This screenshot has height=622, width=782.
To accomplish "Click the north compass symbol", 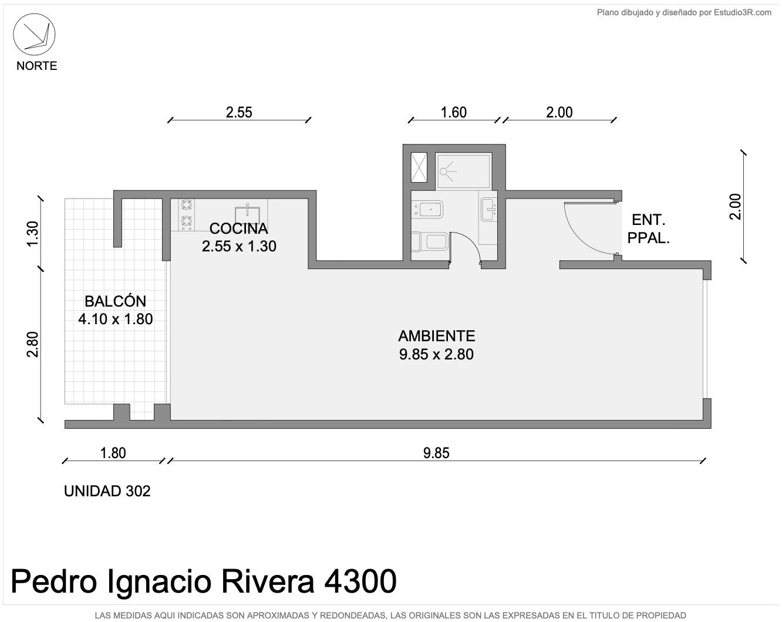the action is pyautogui.click(x=34, y=35).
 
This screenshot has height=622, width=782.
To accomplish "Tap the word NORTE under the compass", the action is pyautogui.click(x=37, y=66).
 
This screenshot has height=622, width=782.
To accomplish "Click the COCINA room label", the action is pyautogui.click(x=239, y=228).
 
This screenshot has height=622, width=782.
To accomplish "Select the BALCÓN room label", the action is pyautogui.click(x=115, y=301).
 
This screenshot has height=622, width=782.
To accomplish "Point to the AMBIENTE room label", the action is pyautogui.click(x=436, y=336).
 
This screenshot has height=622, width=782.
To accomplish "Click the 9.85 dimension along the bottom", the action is pyautogui.click(x=436, y=453).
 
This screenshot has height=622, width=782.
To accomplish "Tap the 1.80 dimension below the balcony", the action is pyautogui.click(x=113, y=453).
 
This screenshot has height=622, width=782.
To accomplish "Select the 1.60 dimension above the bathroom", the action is pyautogui.click(x=453, y=112).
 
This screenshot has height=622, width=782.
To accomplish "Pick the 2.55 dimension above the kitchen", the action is pyautogui.click(x=239, y=112).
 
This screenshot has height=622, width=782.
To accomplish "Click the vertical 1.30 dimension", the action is pyautogui.click(x=33, y=234).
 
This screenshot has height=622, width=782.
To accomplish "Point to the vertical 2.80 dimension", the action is pyautogui.click(x=33, y=344).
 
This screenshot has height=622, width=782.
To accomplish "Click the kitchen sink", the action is pyautogui.click(x=248, y=216).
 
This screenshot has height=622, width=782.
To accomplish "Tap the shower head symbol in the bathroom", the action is pyautogui.click(x=447, y=172).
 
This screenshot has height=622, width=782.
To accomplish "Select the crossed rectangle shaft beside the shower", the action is pyautogui.click(x=419, y=167).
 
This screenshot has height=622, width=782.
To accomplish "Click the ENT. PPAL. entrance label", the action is pyautogui.click(x=648, y=228).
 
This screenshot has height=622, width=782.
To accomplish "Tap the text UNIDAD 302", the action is pyautogui.click(x=107, y=491).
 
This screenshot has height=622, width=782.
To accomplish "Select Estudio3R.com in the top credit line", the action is pyautogui.click(x=743, y=12).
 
